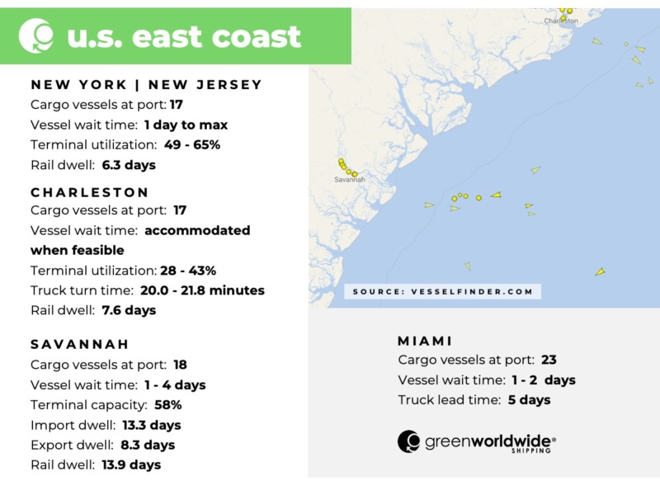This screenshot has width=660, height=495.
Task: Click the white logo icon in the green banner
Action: coord(35,35)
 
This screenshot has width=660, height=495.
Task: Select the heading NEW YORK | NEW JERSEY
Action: coord(146,84)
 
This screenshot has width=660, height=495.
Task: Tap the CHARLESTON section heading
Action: coord(90,191)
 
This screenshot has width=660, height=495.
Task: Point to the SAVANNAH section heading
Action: coord(80,343)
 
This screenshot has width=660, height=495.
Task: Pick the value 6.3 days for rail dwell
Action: coord(129,165)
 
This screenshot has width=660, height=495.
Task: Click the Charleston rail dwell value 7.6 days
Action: coord(129,310)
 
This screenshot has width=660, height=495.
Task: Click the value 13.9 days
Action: coord(132,464)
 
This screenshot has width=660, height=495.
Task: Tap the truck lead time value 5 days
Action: coord(530,400)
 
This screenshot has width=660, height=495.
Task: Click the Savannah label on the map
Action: coord(349,179)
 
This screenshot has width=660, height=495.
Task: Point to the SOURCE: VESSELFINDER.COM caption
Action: coord(442,291)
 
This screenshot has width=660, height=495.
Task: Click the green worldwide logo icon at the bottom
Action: coord(409,441)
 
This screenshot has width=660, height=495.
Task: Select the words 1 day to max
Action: coord(186,125)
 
